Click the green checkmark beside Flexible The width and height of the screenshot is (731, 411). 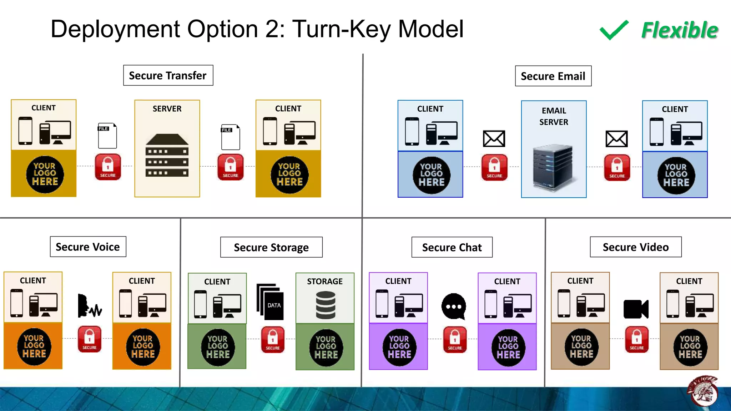point(614,30)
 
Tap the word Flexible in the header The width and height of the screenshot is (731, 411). point(680,30)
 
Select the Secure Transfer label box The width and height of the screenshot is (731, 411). point(168,75)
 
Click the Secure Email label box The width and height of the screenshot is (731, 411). point(553,76)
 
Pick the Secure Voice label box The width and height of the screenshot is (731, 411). point(88,247)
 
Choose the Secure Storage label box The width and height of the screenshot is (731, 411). point(271,247)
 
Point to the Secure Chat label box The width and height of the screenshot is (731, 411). point(452,247)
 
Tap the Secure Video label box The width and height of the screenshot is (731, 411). point(636,247)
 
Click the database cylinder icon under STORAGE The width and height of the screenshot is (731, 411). point(326,305)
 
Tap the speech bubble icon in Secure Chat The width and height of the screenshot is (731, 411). point(454,306)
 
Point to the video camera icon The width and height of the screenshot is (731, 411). point(636,309)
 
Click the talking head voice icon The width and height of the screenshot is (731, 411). point(89,306)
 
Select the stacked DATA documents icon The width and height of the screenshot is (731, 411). point(270,302)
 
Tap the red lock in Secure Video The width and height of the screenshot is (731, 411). point(637,339)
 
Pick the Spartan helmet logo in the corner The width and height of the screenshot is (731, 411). point(702,391)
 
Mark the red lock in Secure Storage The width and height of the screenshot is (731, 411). point(273,339)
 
